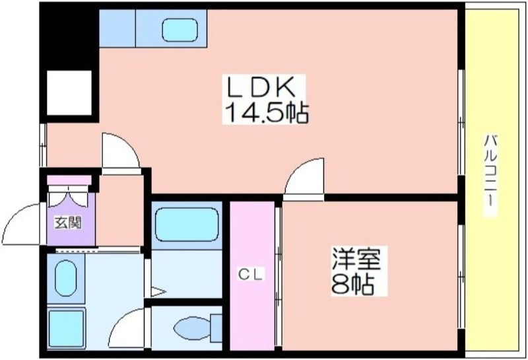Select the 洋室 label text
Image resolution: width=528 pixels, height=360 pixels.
(356, 258)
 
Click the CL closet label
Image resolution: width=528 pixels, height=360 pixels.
(251, 275)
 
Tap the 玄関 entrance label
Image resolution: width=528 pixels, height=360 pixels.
(69, 223)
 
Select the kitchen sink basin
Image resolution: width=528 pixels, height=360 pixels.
(180, 30)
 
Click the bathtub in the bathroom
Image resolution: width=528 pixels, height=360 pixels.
(187, 225)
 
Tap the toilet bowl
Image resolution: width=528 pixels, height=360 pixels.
(192, 328)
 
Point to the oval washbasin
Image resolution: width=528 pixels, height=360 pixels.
(65, 277)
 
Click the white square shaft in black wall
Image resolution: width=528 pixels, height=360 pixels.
(69, 92)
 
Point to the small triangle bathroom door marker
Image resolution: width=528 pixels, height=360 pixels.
(158, 291)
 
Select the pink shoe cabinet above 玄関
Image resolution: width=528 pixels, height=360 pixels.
(69, 180)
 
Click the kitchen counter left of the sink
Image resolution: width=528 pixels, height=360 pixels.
(117, 28)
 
